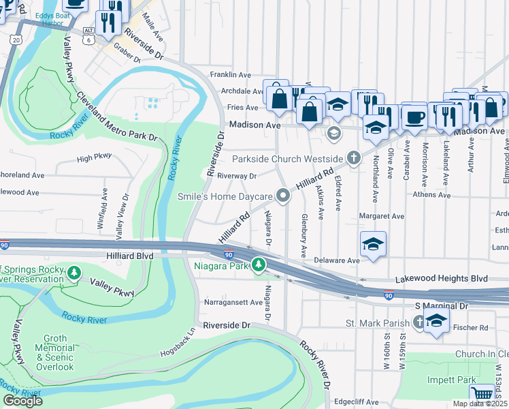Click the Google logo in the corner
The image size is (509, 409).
click(22, 400)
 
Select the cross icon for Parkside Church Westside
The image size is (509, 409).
click(352, 158)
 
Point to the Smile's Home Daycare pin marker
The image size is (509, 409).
click(283, 196)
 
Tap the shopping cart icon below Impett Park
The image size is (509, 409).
click(482, 394)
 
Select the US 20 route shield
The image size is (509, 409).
click(15, 40)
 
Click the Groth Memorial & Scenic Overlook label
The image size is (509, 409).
click(54, 352)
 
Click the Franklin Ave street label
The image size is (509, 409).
click(231, 74)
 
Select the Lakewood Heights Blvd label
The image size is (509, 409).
click(442, 279)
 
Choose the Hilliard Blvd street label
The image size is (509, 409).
click(130, 256)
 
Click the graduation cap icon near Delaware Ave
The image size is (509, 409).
click(374, 245)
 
